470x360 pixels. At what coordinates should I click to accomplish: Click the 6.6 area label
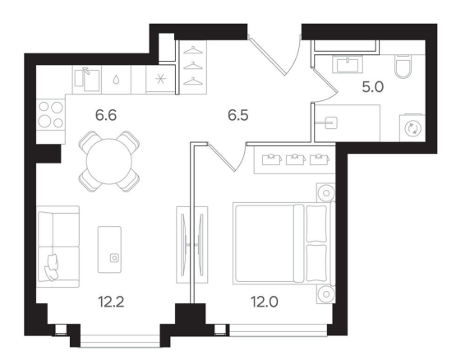click(x=106, y=115)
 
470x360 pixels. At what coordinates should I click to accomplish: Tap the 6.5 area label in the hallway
click(x=238, y=115)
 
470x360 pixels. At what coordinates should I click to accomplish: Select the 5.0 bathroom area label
click(x=373, y=87)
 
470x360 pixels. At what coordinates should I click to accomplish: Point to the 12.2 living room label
click(x=111, y=302)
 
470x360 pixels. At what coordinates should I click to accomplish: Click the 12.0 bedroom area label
click(x=265, y=302)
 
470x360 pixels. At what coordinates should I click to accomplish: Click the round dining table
click(x=109, y=161)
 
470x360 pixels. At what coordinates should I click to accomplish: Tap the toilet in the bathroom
click(x=403, y=67)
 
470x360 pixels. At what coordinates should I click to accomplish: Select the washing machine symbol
click(x=412, y=128)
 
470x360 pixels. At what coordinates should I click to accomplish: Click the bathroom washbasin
click(x=348, y=65)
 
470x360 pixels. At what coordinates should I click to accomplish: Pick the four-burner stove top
click(x=51, y=114)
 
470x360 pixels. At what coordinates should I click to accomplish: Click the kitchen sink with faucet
click(x=87, y=80)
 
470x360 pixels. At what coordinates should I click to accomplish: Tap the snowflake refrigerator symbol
click(x=161, y=79)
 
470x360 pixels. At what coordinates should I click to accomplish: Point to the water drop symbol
click(x=117, y=80)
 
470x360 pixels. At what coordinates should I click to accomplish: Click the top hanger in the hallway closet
click(x=193, y=50)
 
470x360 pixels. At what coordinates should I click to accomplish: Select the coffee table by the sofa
click(x=110, y=249)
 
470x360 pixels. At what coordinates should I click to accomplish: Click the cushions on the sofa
click(x=51, y=268)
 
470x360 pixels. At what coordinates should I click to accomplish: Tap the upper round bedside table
click(x=326, y=192)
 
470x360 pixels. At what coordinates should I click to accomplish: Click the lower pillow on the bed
click(x=316, y=262)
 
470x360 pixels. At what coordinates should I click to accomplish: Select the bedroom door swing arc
click(x=242, y=159)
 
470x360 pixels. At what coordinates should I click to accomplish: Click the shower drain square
click(x=331, y=123)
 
